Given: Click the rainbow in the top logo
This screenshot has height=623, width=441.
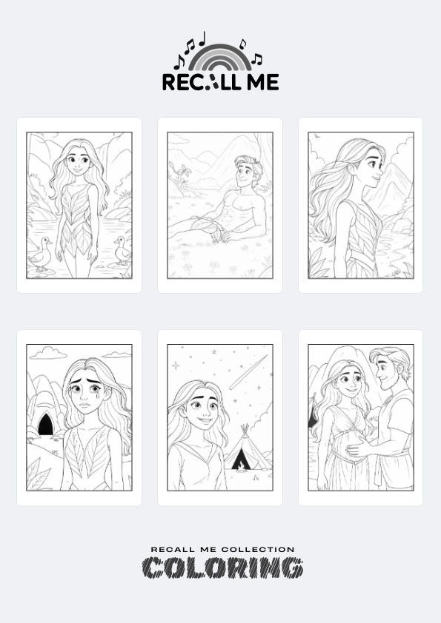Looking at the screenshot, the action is (219, 51).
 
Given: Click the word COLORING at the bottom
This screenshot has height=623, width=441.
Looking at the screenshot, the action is (223, 568).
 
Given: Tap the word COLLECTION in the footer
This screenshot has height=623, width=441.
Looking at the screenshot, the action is (257, 550).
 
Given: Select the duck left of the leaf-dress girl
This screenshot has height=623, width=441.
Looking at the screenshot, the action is (41, 255).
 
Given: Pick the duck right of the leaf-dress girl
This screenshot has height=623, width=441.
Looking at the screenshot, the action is (122, 250).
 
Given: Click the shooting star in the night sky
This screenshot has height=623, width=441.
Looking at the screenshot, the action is (248, 372).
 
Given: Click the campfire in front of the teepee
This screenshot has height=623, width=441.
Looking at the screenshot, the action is (241, 470).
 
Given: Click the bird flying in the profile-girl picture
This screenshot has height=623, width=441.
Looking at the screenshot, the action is (317, 136).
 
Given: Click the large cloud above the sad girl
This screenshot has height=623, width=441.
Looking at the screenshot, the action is (49, 353).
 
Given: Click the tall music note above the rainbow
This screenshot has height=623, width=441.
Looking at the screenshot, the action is (202, 38).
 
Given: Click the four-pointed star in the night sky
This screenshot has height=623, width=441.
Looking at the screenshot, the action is (176, 366).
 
